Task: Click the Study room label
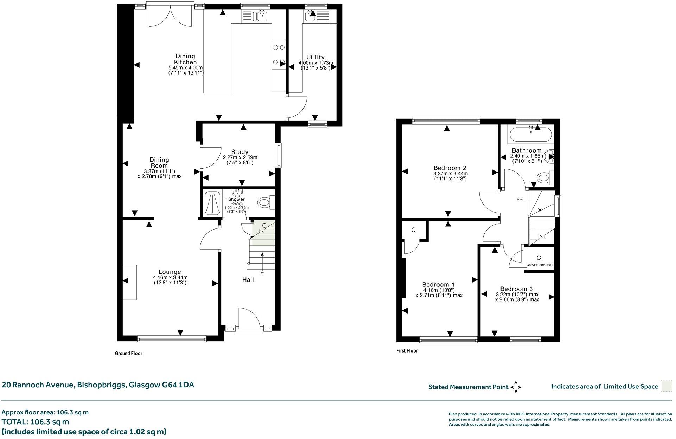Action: [240, 152]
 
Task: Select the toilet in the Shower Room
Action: [264, 202]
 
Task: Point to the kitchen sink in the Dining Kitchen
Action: [262, 16]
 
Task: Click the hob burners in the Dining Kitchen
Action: [278, 54]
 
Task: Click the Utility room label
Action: [315, 57]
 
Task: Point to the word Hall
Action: [248, 280]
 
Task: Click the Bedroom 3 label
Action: [516, 289]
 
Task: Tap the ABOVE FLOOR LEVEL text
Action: [540, 265]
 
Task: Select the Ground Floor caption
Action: [129, 353]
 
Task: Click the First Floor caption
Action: [407, 350]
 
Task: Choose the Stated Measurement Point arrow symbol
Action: [516, 387]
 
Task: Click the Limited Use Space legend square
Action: [666, 386]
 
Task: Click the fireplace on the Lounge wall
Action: [129, 282]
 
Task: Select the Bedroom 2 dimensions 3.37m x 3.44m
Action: [451, 174]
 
